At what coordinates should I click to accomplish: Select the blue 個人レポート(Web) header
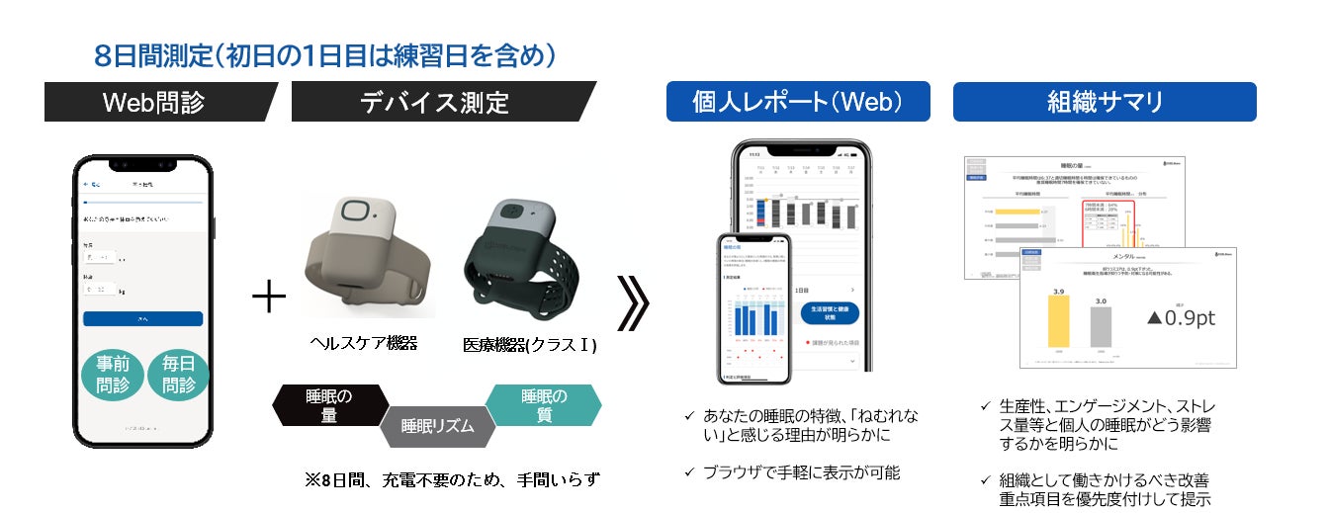pos(797,102)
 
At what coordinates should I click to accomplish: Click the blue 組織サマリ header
pos(1104,102)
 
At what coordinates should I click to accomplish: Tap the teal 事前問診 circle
pos(113,377)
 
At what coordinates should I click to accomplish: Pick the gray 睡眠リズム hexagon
pos(436,427)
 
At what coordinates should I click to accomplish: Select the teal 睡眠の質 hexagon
pos(544,405)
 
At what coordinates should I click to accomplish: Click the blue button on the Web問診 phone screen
pos(142,319)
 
